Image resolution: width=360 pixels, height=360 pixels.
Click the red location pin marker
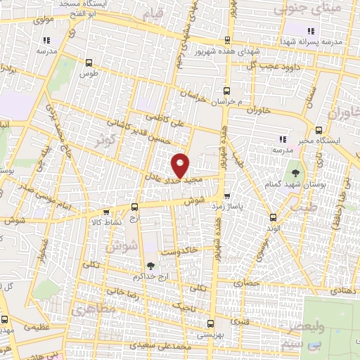[181, 167]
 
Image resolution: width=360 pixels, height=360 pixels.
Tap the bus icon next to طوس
[88, 63]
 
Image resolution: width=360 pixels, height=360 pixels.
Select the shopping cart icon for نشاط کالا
[106, 212]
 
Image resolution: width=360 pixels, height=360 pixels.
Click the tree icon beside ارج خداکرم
[150, 266]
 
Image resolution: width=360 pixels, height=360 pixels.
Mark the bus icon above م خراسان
[226, 90]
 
